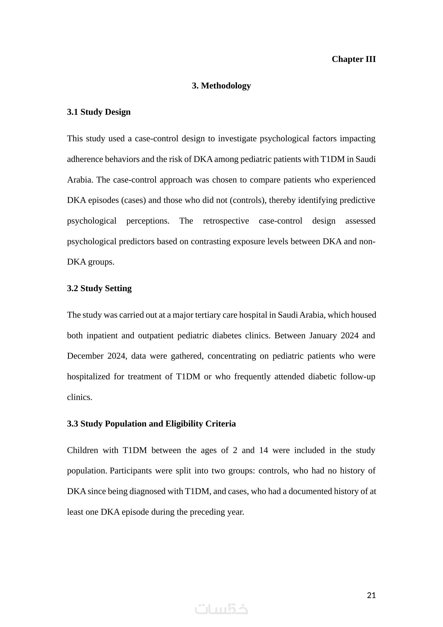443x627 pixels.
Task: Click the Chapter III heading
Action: coord(354,59)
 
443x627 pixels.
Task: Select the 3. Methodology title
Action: coord(221,86)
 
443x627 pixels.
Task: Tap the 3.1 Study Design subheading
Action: coord(99,112)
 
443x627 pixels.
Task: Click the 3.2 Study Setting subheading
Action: coord(99,288)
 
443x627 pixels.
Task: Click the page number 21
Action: coord(371,595)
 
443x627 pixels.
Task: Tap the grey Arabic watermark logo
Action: coord(221,609)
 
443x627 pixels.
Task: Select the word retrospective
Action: coord(226,221)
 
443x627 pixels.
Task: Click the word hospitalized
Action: coord(88,377)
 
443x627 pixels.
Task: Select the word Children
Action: coord(82,450)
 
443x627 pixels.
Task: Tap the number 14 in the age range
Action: coord(264,450)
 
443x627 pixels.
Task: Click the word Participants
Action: coord(130,471)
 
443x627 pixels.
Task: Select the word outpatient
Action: coord(156,335)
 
